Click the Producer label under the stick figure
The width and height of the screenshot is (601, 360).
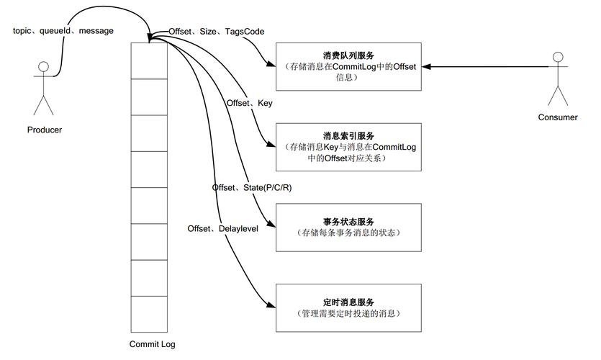tap(44, 130)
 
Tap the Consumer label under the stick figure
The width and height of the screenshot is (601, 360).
tap(557, 117)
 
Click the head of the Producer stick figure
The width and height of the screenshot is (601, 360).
tap(44, 68)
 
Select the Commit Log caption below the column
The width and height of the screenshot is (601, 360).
tap(152, 344)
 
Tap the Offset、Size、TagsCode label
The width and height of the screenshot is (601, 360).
tap(216, 32)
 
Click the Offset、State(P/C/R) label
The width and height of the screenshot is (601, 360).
tap(251, 187)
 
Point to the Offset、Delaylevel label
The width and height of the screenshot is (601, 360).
tap(222, 228)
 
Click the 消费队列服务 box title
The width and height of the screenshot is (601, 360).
tap(348, 55)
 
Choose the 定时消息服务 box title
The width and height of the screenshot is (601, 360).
tap(348, 302)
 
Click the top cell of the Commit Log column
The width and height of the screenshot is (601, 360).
tap(152, 60)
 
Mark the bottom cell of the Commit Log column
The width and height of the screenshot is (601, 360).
tap(152, 312)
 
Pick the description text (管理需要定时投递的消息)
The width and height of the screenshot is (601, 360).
tap(348, 315)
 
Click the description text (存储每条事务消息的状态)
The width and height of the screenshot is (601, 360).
tap(348, 234)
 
